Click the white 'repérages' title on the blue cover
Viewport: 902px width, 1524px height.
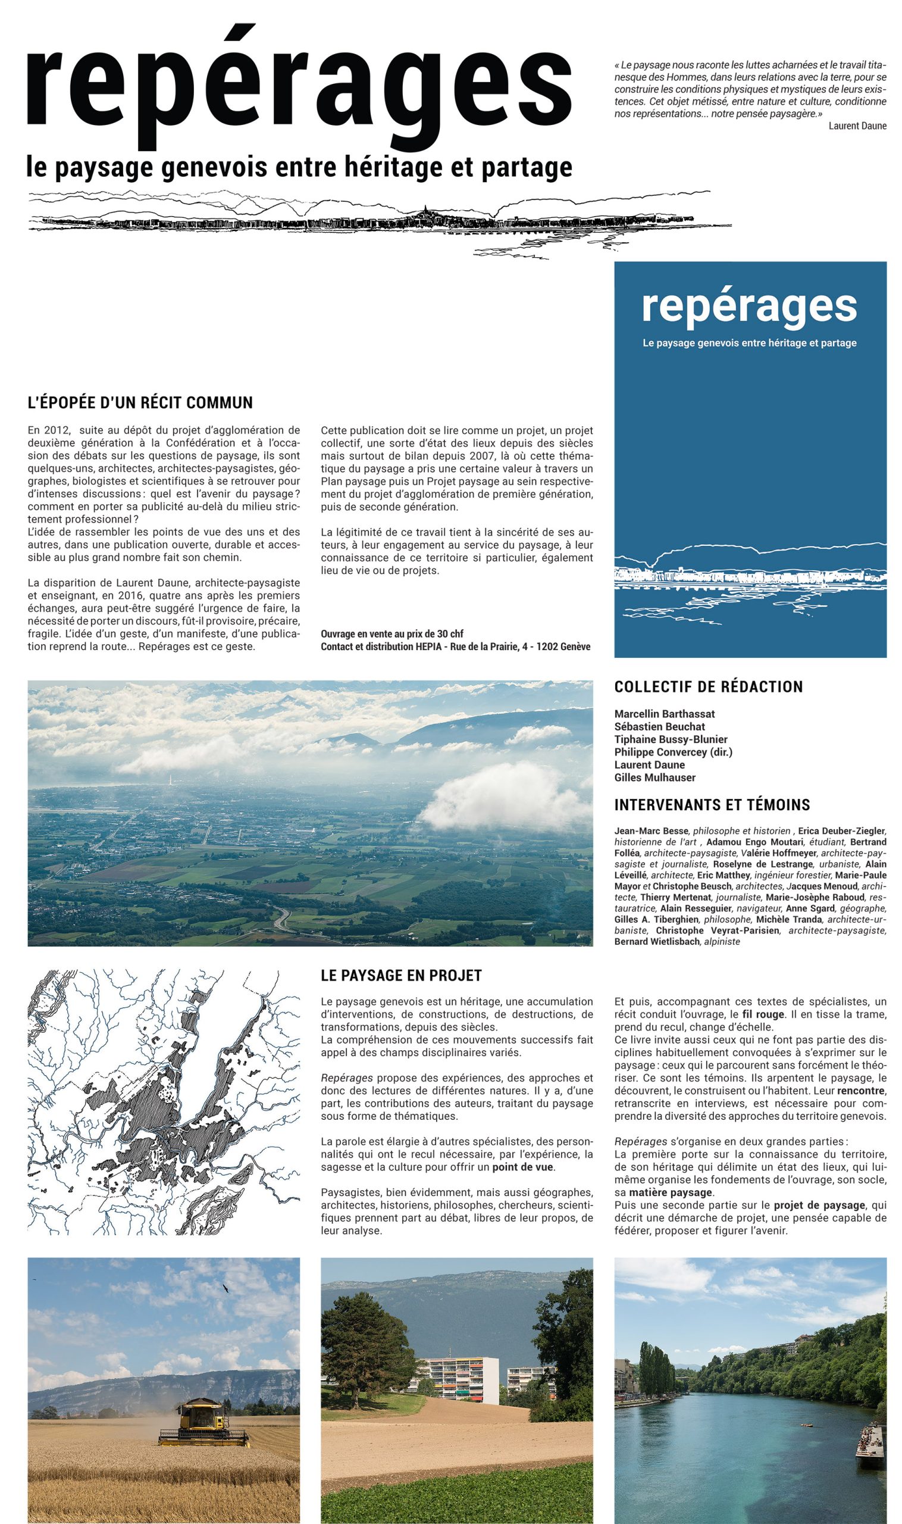749,307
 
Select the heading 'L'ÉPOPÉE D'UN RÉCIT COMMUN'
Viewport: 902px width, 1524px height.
140,402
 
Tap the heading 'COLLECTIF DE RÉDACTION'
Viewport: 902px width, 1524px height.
708,686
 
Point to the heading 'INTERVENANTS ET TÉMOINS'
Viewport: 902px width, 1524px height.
712,805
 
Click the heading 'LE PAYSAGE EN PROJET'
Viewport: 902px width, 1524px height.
401,976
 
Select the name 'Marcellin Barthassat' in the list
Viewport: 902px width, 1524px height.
664,713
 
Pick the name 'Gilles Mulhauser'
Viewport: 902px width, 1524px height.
654,777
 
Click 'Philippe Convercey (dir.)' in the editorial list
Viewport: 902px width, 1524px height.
673,752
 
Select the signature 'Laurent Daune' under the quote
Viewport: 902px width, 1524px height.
857,126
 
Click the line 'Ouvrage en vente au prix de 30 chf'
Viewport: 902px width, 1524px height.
392,633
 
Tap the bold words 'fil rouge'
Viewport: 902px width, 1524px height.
763,1014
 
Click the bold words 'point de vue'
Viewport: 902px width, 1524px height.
522,1167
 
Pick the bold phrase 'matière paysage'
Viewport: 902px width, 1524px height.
671,1192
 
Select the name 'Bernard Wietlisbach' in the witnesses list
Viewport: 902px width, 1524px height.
656,941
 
